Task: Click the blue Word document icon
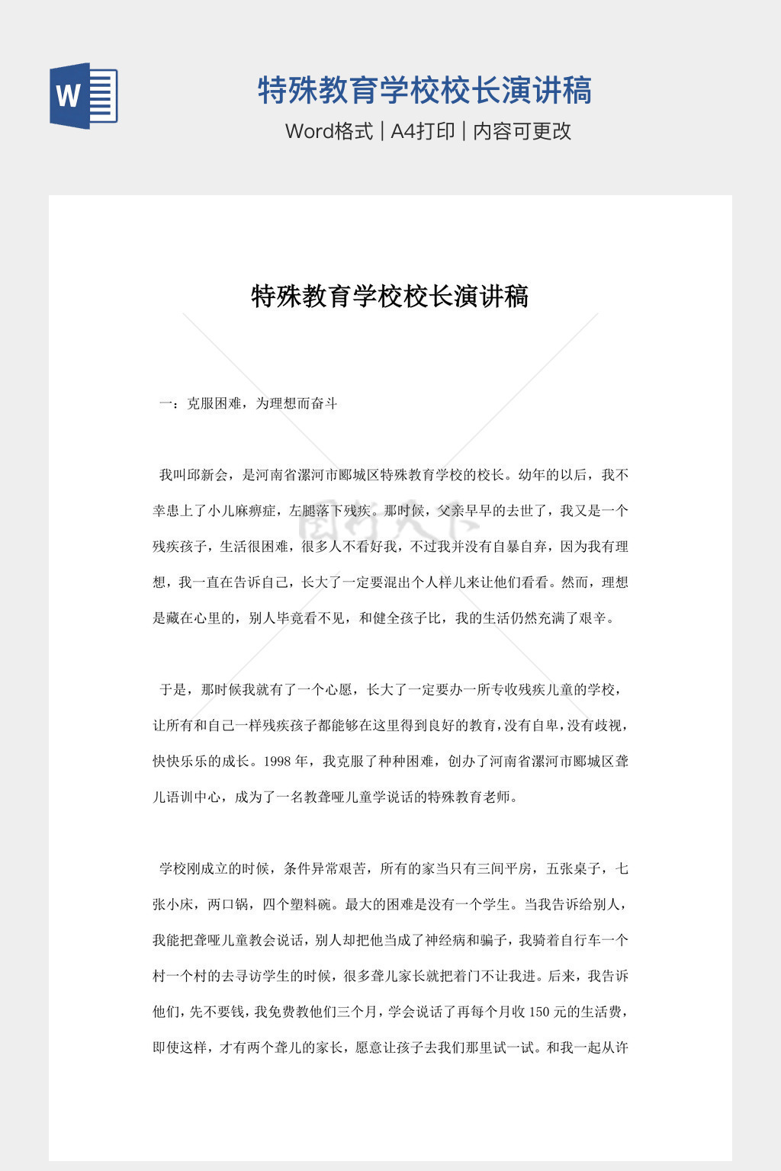pos(84,96)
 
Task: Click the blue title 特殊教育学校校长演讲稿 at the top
pos(424,90)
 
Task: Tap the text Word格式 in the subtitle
pos(329,131)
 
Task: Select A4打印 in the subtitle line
pos(423,131)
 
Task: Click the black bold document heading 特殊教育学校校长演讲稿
pos(390,296)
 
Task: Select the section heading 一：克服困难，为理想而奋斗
pos(248,403)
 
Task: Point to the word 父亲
pos(451,511)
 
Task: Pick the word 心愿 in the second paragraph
pos(337,689)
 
